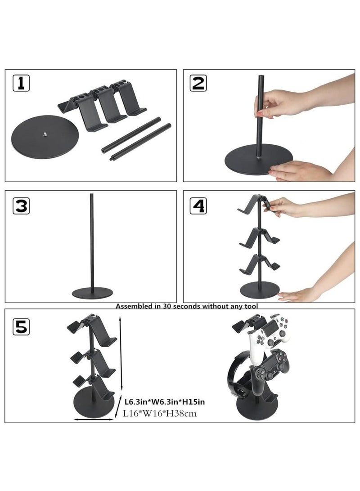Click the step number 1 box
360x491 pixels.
(21, 83)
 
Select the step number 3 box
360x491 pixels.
(21, 205)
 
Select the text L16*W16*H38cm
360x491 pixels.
(160, 414)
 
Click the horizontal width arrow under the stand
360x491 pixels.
(94, 420)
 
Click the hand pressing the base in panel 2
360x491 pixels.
(297, 170)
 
